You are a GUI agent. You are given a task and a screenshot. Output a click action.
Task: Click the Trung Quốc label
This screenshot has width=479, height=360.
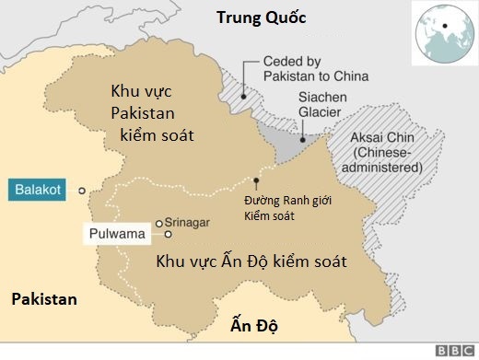coord(260,17)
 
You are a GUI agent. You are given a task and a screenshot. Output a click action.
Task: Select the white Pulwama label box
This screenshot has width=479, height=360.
coord(117,235)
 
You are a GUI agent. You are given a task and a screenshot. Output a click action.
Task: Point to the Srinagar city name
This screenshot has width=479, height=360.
coord(190,222)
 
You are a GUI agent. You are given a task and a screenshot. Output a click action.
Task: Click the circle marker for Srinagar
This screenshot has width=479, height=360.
coord(159,223)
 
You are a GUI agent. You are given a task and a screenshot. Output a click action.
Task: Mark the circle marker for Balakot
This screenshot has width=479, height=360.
coord(82,191)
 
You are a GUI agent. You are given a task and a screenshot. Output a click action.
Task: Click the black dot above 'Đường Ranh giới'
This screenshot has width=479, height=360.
coord(256,180)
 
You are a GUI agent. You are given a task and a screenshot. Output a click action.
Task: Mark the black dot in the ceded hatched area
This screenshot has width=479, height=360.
coord(243,95)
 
